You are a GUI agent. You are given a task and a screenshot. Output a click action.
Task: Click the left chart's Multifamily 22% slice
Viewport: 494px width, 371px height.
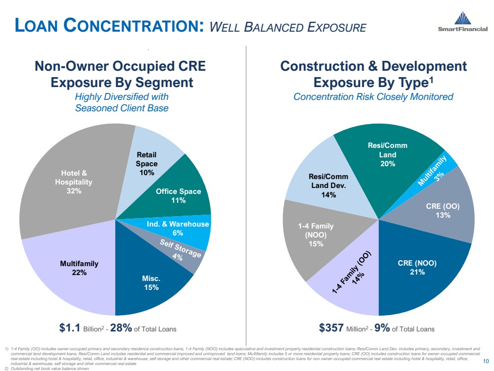pyautogui.click(x=69, y=270)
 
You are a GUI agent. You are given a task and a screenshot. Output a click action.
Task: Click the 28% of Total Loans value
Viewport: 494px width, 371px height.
pyautogui.click(x=124, y=328)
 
